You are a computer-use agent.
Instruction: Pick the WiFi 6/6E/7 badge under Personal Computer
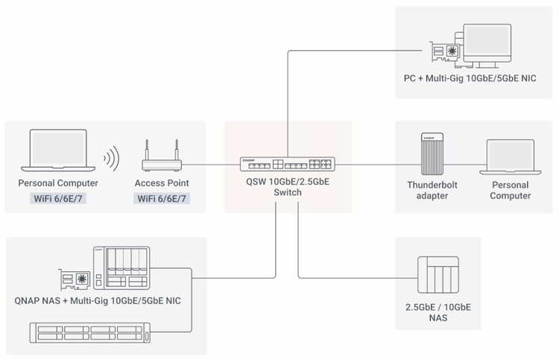point(58,199)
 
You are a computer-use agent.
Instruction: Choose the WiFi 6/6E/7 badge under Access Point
point(162,199)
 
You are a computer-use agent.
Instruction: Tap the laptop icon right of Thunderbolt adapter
point(510,157)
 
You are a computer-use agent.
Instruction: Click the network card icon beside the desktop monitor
point(446,52)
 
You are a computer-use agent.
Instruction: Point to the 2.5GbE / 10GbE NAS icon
point(438,277)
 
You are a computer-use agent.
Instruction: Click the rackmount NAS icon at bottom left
point(89,332)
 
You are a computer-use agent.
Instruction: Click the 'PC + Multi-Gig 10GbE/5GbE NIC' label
point(475,79)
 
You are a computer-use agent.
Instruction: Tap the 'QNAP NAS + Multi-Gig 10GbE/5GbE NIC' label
point(97,301)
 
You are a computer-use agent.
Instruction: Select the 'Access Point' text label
point(162,183)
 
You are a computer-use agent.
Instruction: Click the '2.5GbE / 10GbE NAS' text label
point(438,312)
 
